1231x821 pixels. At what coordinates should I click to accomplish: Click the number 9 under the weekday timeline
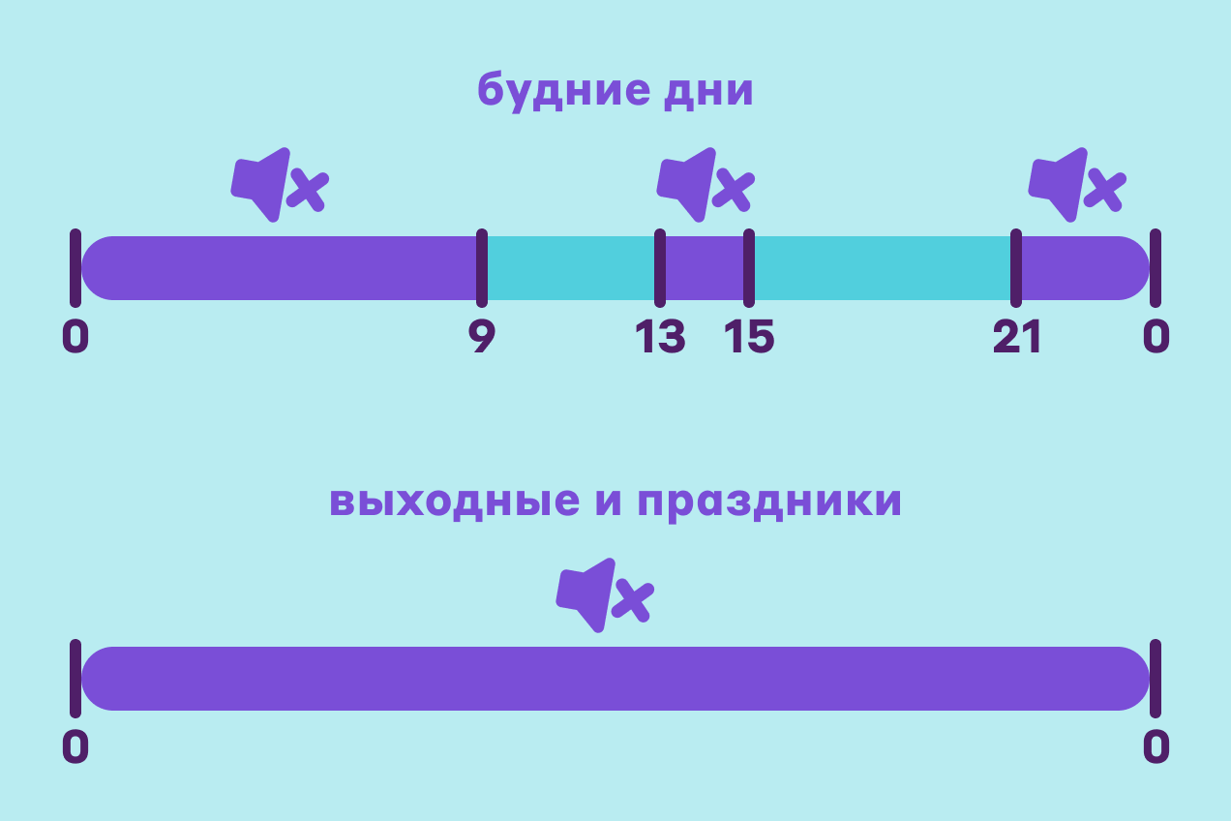click(481, 338)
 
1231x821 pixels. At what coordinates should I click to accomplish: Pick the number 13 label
click(660, 338)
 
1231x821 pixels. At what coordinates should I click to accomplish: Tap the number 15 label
click(749, 338)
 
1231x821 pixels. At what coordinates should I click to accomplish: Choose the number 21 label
click(1016, 338)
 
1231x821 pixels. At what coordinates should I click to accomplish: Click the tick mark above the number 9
click(481, 268)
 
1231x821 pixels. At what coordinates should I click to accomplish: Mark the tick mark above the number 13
click(660, 268)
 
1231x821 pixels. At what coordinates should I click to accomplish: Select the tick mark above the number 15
click(749, 268)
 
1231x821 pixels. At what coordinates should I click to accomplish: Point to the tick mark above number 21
click(1016, 268)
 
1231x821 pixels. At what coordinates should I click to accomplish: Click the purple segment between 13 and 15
click(705, 268)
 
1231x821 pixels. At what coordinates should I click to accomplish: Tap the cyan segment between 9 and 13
click(571, 268)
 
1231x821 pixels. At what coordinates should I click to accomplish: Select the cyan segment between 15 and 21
click(883, 268)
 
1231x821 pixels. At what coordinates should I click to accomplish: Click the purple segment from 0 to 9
click(281, 268)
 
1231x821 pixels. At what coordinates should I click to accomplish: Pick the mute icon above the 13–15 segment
click(705, 184)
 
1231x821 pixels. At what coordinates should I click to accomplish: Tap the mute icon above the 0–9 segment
click(279, 184)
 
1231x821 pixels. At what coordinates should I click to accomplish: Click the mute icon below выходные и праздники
click(604, 594)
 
